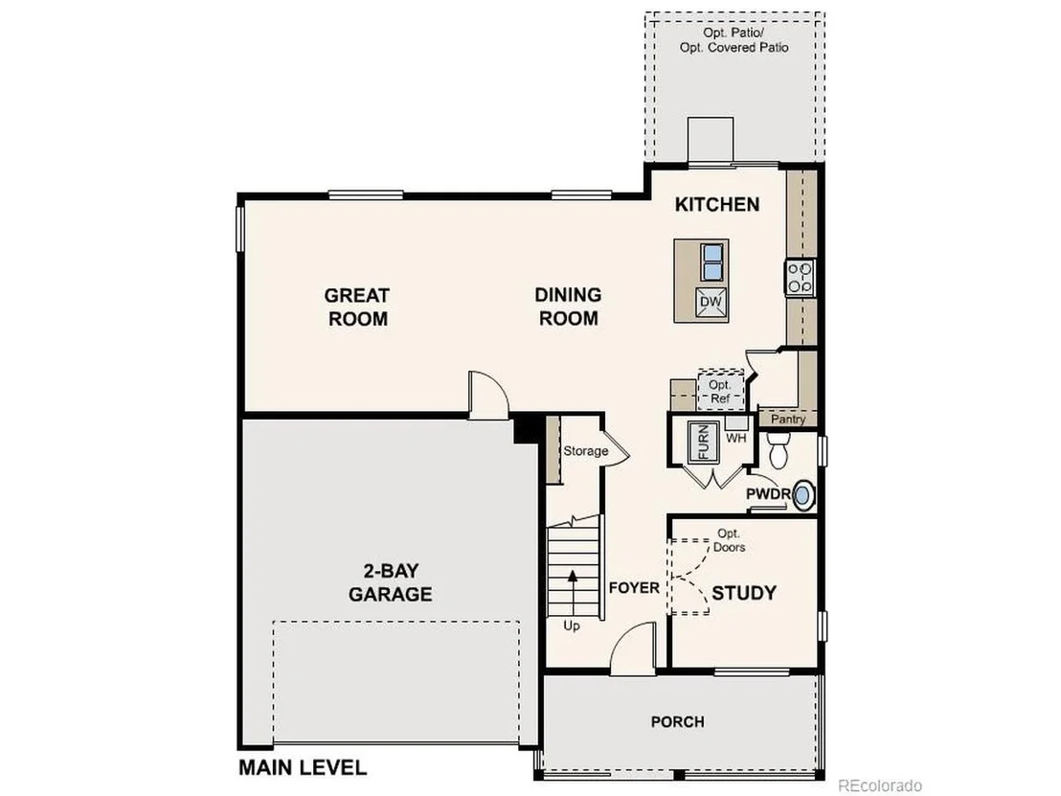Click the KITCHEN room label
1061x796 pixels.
pos(716,204)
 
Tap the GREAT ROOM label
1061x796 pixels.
pos(357,307)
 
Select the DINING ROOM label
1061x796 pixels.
pos(569,306)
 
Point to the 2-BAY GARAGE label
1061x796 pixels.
pos(391,582)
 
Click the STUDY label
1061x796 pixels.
pos(744,593)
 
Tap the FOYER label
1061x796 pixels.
pos(634,587)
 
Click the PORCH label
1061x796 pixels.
pos(677,721)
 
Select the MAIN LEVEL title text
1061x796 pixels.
pos(303,767)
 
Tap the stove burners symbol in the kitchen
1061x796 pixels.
pos(801,278)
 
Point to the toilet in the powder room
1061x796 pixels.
pos(779,449)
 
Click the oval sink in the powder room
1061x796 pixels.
pos(802,495)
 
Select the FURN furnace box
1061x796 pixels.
pos(704,442)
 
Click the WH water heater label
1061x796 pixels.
pos(736,438)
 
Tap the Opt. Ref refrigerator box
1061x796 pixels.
pos(721,390)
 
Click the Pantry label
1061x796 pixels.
pos(788,419)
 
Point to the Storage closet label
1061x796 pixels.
pos(585,451)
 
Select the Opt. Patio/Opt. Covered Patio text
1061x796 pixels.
pos(734,40)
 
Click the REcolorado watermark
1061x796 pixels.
pos(880,785)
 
